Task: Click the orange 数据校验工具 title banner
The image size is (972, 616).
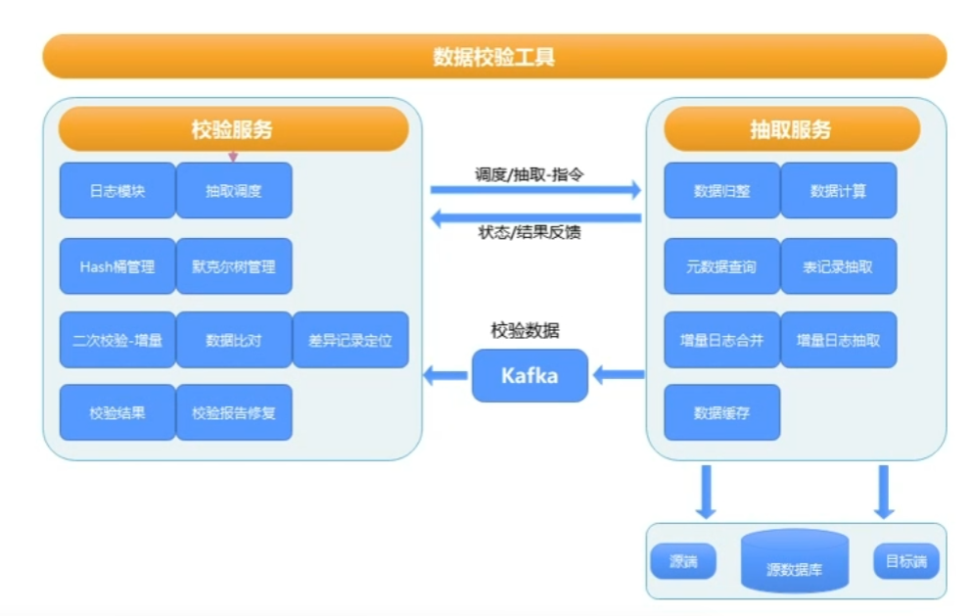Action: coord(494,57)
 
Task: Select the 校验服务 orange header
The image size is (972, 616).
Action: coord(233,129)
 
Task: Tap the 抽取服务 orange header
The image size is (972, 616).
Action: coord(792,129)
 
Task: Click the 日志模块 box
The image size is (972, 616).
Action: coord(117,190)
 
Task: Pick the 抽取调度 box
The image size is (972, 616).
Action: coord(234,190)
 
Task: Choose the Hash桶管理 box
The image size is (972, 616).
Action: coord(117,266)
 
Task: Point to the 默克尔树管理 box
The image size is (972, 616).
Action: coord(234,266)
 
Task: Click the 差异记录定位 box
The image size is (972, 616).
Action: coord(350,340)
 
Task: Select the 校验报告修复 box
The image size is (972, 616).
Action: coord(234,412)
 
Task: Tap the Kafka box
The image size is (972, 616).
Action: coord(530,375)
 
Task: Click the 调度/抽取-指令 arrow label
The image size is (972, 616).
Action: coord(530,174)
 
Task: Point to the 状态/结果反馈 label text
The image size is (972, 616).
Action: coord(530,233)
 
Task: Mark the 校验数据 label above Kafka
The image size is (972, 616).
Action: coord(525,330)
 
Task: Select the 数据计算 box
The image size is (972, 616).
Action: coord(839,190)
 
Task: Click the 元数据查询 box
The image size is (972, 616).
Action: coord(722,266)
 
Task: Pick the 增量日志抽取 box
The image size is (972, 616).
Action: coord(839,340)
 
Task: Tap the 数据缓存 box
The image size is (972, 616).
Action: coord(722,412)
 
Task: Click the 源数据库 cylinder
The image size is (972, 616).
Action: coord(795,561)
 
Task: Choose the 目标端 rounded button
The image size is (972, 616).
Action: coord(906,561)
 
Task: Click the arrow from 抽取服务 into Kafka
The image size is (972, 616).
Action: coord(619,375)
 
